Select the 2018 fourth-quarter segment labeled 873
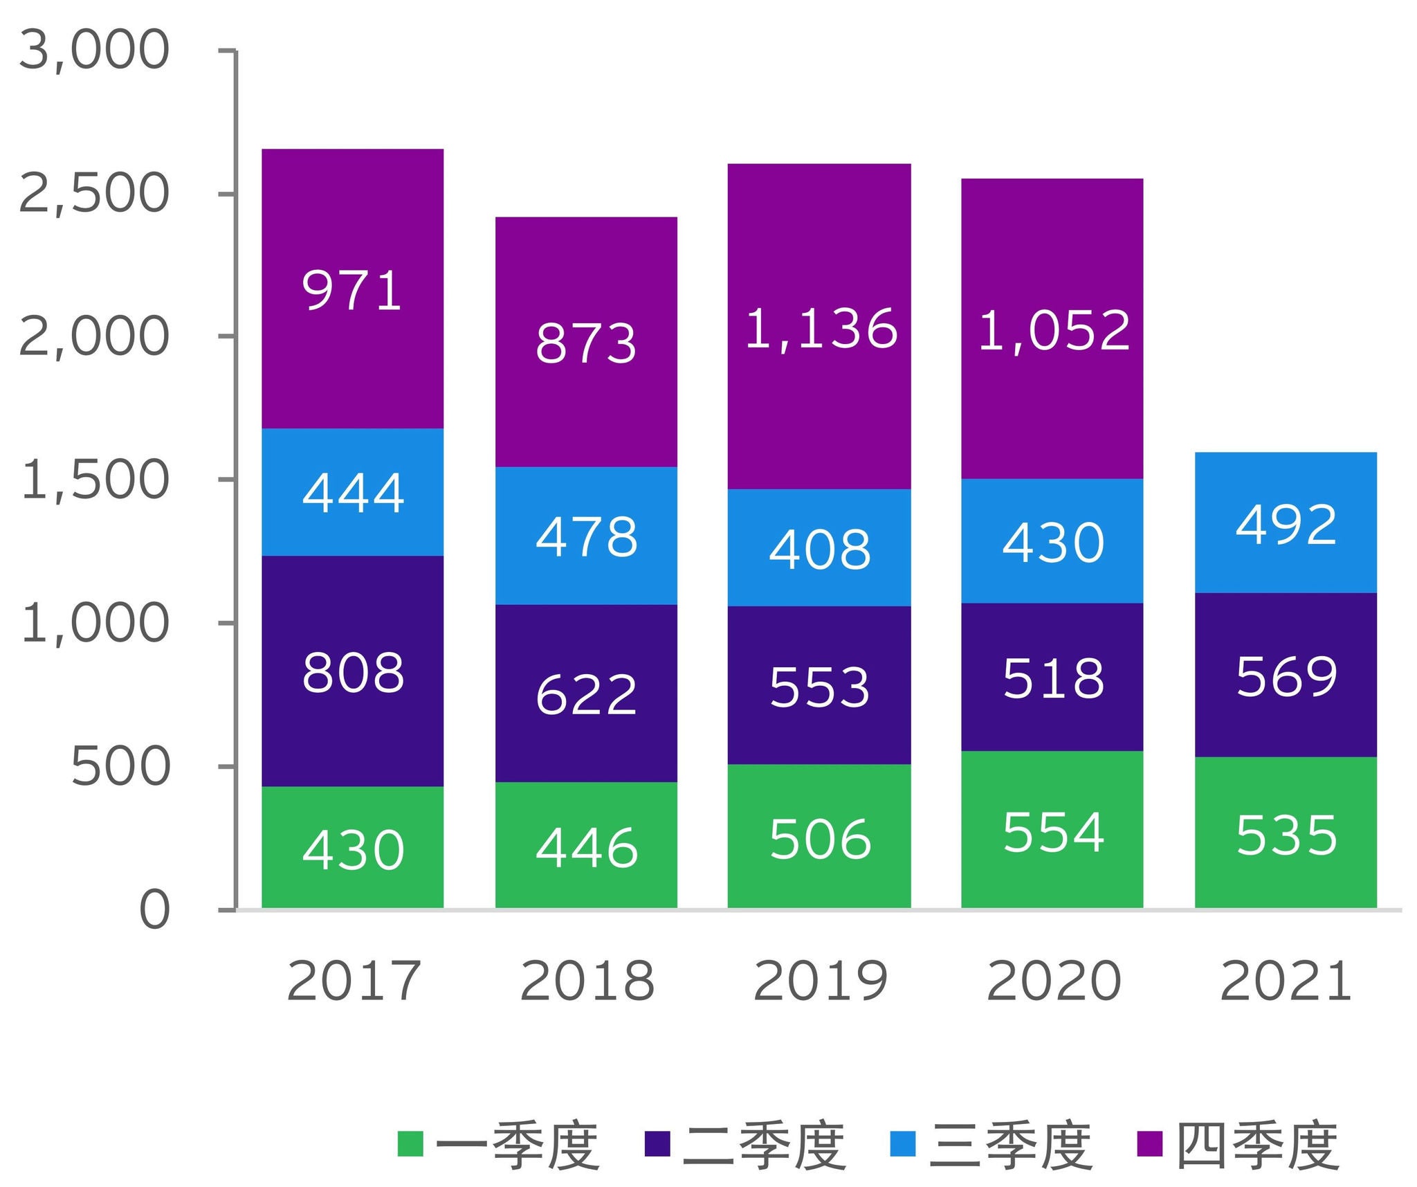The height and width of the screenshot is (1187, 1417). coord(586,343)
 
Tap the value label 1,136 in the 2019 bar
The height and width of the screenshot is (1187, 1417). coord(821,328)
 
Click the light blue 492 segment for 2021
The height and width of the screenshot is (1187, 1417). coord(1286,524)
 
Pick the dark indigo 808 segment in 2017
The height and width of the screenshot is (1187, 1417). coord(352,672)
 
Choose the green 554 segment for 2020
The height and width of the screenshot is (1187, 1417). coord(1052,832)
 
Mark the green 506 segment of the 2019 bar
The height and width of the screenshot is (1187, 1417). coord(819,839)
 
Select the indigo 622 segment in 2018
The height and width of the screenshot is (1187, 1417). coord(586,694)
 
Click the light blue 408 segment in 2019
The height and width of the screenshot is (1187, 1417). coord(819,549)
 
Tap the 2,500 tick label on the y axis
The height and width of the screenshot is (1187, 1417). coord(94,193)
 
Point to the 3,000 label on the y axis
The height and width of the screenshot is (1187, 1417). coord(94,50)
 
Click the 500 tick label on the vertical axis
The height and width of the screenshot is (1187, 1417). coord(120,766)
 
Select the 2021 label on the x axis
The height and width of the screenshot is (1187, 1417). coord(1286,981)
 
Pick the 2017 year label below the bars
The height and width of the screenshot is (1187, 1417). coord(354,981)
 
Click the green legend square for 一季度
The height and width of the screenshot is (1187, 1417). coord(410,1143)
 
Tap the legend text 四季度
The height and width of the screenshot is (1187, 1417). coord(1259,1146)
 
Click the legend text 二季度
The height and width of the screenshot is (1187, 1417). coord(765,1146)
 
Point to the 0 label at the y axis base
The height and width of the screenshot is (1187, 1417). coord(154,909)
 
